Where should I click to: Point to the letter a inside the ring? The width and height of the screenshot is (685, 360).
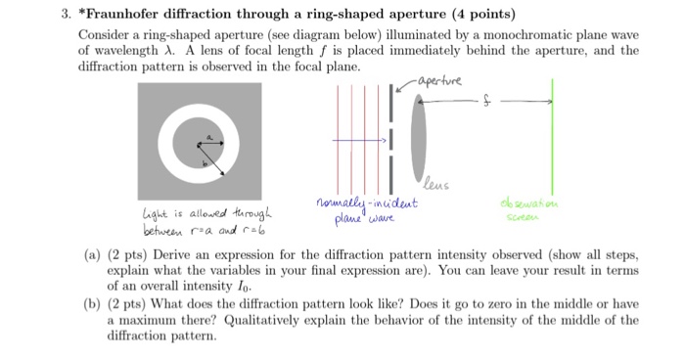[206, 134]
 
